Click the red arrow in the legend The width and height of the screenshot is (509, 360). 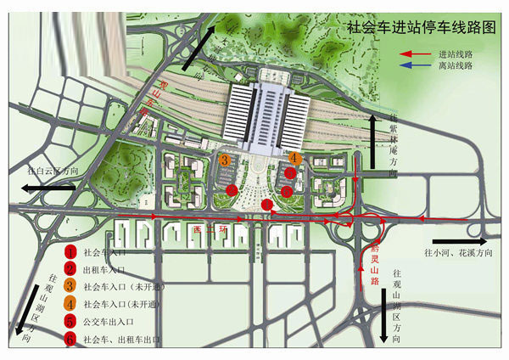[x=416, y=53]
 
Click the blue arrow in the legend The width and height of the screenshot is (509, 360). [x=416, y=65]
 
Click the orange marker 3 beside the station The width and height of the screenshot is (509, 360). [x=225, y=159]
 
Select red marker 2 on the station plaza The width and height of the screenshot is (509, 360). [x=290, y=173]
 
